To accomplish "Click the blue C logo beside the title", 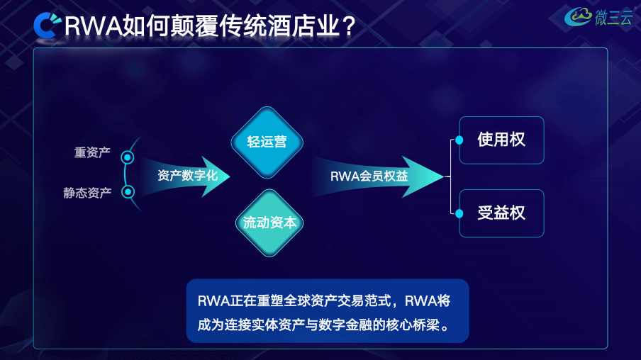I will [48, 26].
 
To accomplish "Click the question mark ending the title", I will [348, 27].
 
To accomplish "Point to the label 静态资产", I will [87, 192].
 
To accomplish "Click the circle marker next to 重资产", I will [128, 157].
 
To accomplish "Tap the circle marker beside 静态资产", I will [128, 191].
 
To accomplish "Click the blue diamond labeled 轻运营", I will [267, 142].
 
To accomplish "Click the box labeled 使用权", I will [501, 140].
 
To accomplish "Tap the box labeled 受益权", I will [501, 213].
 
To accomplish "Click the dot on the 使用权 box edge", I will [459, 140].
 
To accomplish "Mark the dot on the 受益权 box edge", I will [459, 213].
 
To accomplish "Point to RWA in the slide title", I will [92, 27].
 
